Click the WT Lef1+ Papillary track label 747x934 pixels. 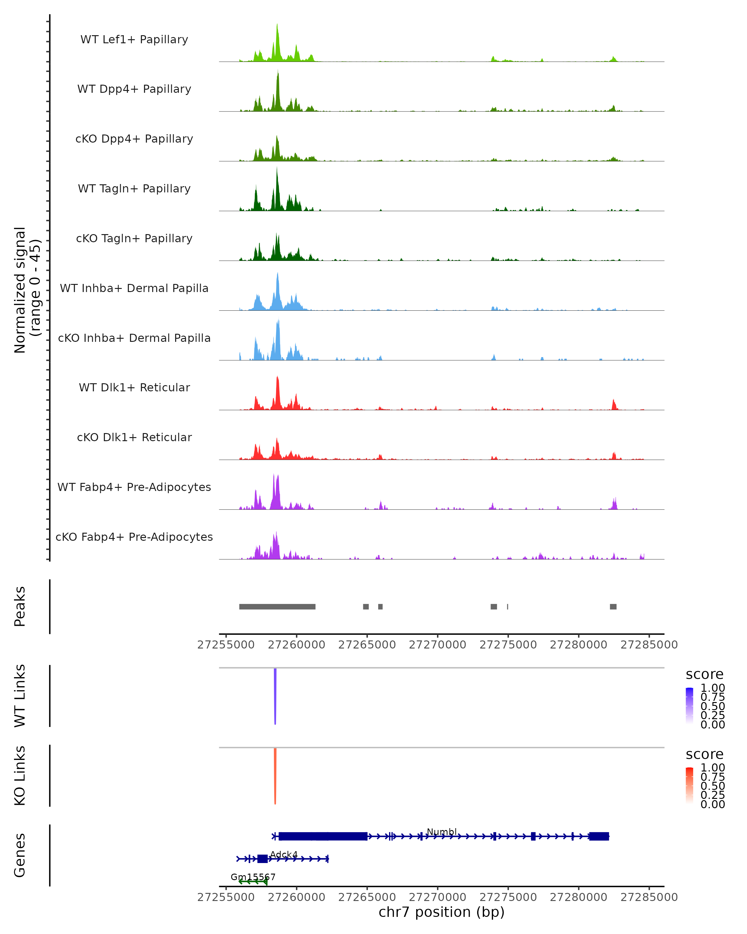click(134, 40)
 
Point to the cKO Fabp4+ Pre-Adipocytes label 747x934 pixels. click(134, 537)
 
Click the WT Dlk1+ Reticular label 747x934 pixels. click(134, 387)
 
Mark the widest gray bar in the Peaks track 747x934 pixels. click(277, 606)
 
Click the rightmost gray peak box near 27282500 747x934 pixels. click(613, 606)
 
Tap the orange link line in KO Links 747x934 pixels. click(275, 776)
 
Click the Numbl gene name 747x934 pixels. click(442, 832)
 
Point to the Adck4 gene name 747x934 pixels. click(284, 854)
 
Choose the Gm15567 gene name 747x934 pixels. click(253, 877)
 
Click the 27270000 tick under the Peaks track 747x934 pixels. click(437, 645)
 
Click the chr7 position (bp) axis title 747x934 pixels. click(441, 912)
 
